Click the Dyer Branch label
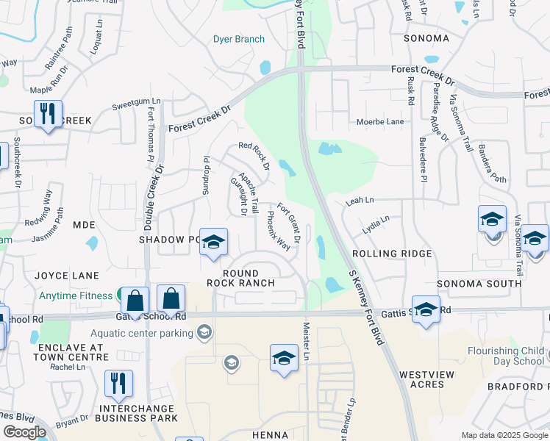[239, 39]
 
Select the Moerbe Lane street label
[380, 121]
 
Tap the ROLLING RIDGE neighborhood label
[391, 253]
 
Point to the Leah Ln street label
[360, 200]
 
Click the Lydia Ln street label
[375, 224]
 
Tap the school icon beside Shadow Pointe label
[213, 243]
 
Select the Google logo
[24, 432]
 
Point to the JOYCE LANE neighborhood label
[67, 276]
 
